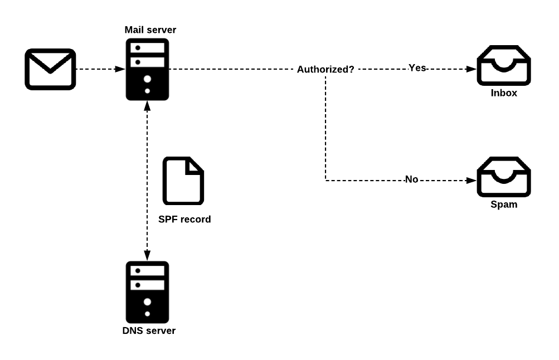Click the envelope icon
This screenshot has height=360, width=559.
point(50,69)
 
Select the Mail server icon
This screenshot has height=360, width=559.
point(147,70)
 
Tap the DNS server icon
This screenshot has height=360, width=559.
point(147,292)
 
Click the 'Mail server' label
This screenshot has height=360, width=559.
point(150,30)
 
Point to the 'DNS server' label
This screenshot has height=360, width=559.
point(149,330)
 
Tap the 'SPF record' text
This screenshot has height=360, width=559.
point(184,219)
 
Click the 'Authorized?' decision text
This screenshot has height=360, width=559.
point(325,69)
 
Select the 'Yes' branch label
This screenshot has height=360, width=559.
point(417,68)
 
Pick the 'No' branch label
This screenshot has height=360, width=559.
point(412,179)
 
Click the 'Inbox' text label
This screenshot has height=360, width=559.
point(504,93)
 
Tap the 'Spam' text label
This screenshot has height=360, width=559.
point(504,204)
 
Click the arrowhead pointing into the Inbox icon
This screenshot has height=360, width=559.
point(471,69)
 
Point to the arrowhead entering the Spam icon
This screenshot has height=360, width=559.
point(471,181)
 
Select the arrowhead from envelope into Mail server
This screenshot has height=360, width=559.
point(120,69)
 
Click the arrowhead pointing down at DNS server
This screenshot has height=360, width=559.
point(147,256)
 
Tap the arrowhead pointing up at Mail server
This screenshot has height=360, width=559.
point(147,106)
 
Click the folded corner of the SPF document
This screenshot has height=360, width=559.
point(195,166)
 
